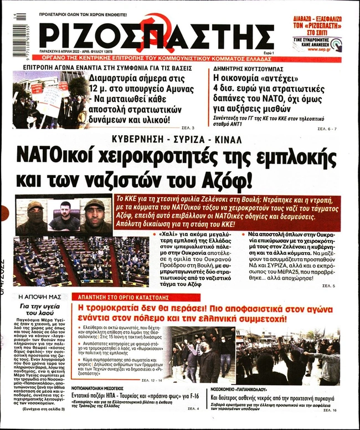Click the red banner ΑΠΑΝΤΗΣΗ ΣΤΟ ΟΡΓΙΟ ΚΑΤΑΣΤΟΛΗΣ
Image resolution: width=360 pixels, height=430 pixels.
(125, 296)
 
